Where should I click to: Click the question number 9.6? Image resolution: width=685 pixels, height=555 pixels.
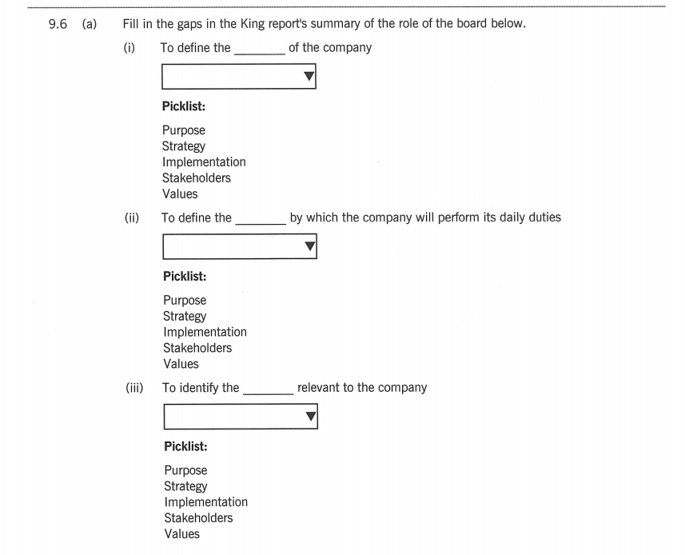(x=58, y=24)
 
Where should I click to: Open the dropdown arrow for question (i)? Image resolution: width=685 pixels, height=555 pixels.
(x=309, y=77)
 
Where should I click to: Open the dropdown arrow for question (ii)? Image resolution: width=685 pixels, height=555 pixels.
(x=309, y=247)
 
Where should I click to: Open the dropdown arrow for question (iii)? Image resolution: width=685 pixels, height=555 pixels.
(x=310, y=417)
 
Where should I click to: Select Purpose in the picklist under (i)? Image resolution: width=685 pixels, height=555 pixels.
(x=183, y=130)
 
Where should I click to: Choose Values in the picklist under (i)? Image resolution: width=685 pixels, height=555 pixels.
(x=179, y=194)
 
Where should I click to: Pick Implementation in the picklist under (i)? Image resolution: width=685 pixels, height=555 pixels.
(x=204, y=162)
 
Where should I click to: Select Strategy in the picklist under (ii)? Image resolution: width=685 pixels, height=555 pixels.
(x=185, y=316)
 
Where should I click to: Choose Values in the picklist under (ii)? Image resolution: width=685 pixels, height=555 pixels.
(x=181, y=364)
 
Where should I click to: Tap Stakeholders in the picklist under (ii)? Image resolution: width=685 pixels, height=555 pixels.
(x=197, y=348)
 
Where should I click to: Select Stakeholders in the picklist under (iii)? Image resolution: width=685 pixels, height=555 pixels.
(x=198, y=517)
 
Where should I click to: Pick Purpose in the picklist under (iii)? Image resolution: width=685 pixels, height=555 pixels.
(x=185, y=470)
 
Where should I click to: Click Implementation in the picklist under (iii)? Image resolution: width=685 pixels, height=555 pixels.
(x=205, y=501)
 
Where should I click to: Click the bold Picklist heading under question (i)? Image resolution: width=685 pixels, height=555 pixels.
(x=183, y=106)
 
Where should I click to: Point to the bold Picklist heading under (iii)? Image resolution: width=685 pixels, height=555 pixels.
(x=185, y=446)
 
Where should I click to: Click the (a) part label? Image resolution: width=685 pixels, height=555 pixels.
(x=88, y=24)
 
